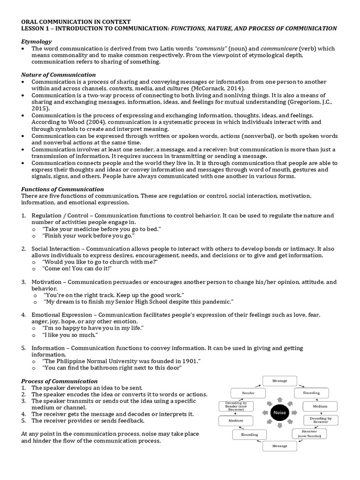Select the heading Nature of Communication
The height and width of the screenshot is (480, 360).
(x=59, y=75)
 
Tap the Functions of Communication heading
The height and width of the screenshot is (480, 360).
(x=62, y=189)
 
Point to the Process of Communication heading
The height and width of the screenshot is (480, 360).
(x=60, y=381)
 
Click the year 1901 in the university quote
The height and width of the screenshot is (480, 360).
(x=190, y=360)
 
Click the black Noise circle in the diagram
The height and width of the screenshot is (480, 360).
(x=279, y=412)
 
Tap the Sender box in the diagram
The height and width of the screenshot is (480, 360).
(x=248, y=393)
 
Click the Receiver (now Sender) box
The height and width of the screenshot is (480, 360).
(x=310, y=434)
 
